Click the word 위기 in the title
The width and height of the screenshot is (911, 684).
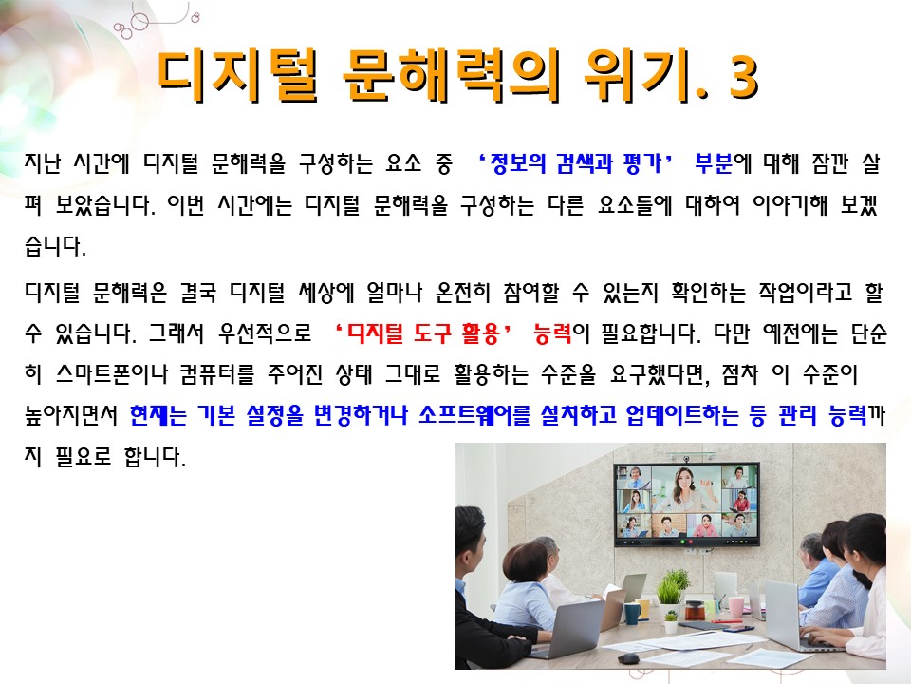point(644,76)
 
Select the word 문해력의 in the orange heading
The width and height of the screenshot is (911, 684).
point(450,76)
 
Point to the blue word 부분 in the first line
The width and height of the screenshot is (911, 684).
point(714,163)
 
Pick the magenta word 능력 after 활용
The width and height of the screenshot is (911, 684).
point(552,333)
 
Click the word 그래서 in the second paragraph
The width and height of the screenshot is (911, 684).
point(177,333)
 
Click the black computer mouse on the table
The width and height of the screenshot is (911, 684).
point(627,658)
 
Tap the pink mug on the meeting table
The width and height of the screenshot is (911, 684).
point(735,606)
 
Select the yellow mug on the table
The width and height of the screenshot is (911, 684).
point(643,609)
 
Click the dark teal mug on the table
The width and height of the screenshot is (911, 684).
point(632,613)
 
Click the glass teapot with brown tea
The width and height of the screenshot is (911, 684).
point(694,610)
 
